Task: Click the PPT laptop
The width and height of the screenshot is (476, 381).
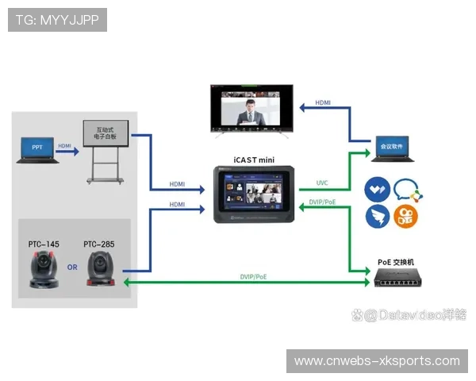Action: (x=37, y=149)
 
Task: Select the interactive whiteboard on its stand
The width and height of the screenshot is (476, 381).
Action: (x=106, y=143)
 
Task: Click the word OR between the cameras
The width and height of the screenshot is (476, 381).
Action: (x=72, y=267)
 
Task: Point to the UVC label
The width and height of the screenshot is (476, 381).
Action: (x=321, y=183)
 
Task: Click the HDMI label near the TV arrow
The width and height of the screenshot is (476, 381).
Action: (x=324, y=102)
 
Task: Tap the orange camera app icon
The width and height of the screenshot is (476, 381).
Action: (x=405, y=216)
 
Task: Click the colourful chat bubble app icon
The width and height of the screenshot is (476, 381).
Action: (x=405, y=190)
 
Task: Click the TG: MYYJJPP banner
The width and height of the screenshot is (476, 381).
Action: (x=57, y=20)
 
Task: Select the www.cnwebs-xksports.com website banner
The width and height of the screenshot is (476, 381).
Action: (x=377, y=361)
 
